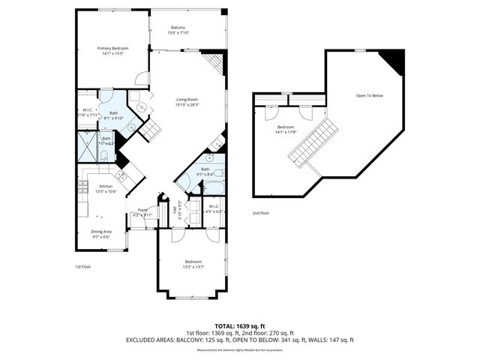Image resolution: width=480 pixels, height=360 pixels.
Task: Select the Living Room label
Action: pyautogui.click(x=187, y=100)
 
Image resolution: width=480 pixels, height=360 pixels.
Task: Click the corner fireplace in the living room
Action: pyautogui.click(x=216, y=63)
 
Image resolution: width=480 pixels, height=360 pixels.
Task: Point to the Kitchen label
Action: pyautogui.click(x=106, y=186)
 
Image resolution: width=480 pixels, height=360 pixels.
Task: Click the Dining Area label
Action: pyautogui.click(x=101, y=231)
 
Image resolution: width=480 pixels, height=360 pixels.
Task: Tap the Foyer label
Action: pyautogui.click(x=142, y=210)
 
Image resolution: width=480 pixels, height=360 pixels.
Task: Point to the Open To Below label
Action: pyautogui.click(x=370, y=95)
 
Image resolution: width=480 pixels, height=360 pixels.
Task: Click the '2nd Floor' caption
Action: pyautogui.click(x=262, y=214)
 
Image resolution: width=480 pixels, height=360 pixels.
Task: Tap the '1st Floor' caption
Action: pyautogui.click(x=83, y=266)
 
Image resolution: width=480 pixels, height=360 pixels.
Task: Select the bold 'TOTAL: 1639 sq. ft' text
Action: pyautogui.click(x=239, y=326)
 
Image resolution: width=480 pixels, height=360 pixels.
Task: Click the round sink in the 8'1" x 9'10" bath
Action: pyautogui.click(x=132, y=128)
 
